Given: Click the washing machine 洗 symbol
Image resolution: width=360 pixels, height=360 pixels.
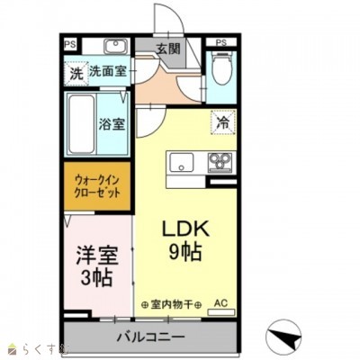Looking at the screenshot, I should click(x=76, y=71).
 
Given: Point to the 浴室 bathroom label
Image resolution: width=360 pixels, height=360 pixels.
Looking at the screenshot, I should click(x=111, y=125).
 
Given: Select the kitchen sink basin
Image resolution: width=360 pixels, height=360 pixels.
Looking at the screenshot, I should click(x=182, y=163).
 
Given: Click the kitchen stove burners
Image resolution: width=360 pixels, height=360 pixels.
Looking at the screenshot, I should click(x=220, y=163).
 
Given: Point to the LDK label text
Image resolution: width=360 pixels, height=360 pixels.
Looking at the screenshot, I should click(x=185, y=228).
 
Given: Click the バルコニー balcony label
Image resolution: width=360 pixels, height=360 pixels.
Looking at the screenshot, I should click(x=150, y=337).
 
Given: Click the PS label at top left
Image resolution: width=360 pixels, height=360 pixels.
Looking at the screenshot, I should click(x=70, y=42).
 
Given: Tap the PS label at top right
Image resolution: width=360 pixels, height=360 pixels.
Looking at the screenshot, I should click(x=220, y=42).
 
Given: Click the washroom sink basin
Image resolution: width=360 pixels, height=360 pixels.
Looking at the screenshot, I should click(x=114, y=46).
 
